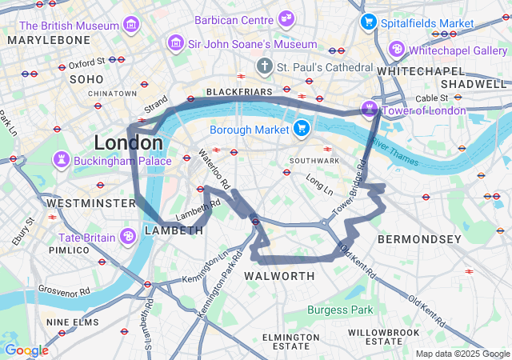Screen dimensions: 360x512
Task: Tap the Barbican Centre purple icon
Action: [286, 18]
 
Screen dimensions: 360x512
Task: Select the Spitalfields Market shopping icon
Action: [369, 22]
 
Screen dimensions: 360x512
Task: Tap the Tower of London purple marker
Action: [370, 109]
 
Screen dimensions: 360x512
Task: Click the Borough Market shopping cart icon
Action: [301, 127]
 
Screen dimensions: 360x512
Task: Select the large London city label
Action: [128, 143]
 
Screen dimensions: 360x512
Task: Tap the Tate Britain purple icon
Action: [128, 237]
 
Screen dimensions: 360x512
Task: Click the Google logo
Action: [26, 350]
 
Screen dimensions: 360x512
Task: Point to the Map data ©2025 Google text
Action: [462, 354]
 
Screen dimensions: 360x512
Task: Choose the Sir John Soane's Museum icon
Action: [175, 43]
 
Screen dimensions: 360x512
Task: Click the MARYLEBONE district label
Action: [49, 39]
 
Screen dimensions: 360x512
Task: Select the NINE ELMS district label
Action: [72, 322]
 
